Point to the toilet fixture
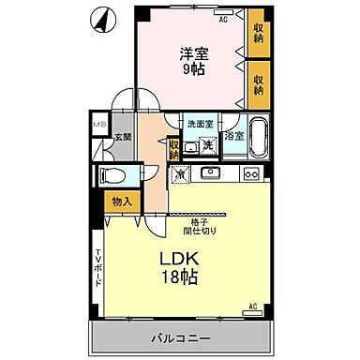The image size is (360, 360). pos(113,174)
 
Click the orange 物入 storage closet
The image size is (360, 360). pos(121,200)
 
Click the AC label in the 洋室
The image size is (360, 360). pos(223,19)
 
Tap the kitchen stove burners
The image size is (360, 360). pos(251,173)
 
